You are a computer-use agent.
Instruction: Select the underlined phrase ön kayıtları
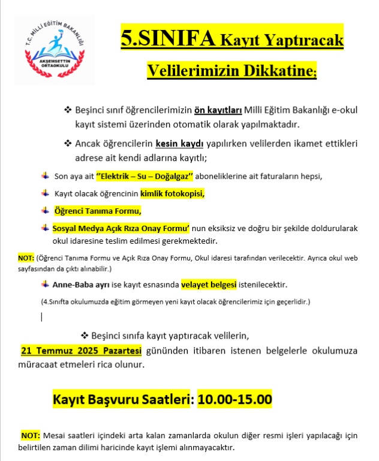(218, 110)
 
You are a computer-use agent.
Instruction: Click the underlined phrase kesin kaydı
(180, 145)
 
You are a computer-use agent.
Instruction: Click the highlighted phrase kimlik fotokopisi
(172, 193)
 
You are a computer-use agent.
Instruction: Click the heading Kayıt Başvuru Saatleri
(122, 399)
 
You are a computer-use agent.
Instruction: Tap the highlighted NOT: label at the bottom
(31, 435)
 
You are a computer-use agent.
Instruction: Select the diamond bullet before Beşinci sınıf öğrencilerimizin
(67, 110)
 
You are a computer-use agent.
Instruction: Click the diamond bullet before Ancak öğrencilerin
(67, 145)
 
